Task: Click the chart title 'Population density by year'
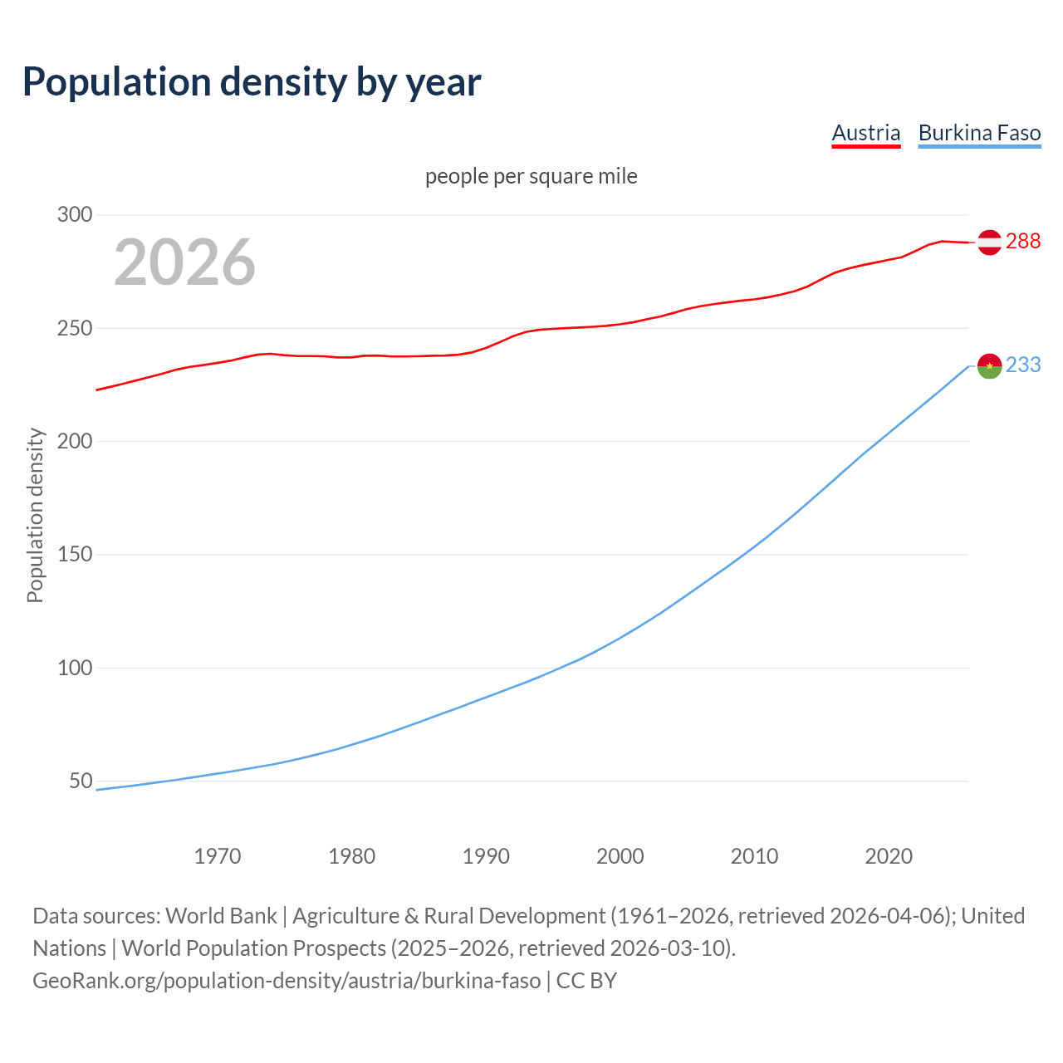[x=252, y=81]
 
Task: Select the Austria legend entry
[x=866, y=133]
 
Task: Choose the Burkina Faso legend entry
[x=979, y=133]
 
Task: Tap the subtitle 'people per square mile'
[x=531, y=176]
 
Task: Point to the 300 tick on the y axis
[x=75, y=214]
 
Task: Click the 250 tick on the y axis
[x=75, y=328]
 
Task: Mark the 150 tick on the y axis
[x=75, y=554]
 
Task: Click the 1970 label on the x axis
[x=218, y=855]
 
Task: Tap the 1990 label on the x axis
[x=486, y=855]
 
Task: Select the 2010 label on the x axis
[x=754, y=855]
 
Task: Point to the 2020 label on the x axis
[x=889, y=855]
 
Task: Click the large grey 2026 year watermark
[x=184, y=262]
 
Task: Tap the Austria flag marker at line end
[x=989, y=242]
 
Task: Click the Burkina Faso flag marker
[x=989, y=365]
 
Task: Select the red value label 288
[x=1023, y=241]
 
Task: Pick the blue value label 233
[x=1023, y=365]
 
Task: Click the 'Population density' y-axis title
[x=35, y=515]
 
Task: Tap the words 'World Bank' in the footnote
[x=221, y=915]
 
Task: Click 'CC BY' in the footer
[x=586, y=980]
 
